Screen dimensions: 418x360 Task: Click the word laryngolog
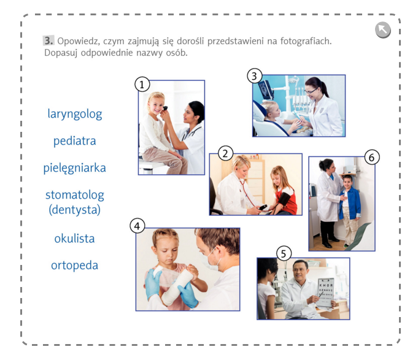coord(75,115)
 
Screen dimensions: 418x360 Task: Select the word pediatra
coord(75,141)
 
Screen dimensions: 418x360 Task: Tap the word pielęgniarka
coord(75,168)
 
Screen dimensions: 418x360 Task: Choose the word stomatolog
coord(75,195)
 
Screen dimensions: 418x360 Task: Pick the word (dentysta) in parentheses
coord(75,210)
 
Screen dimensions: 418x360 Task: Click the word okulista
coord(75,239)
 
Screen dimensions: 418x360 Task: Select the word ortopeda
coord(75,266)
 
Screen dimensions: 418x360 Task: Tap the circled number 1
coord(142,85)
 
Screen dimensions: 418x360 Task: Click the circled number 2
coord(225,153)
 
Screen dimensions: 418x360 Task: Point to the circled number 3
coord(255,76)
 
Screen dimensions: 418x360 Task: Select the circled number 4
coord(137,226)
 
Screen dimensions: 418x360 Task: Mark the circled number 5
coord(284,253)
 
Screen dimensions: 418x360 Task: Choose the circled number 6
coord(371,157)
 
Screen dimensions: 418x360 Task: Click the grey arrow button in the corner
coord(383,29)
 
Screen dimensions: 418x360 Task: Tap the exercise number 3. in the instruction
coord(48,40)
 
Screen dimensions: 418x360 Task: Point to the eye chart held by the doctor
coord(325,293)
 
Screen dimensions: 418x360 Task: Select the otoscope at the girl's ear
coord(165,108)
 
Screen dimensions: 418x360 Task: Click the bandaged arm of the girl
coord(177,285)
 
